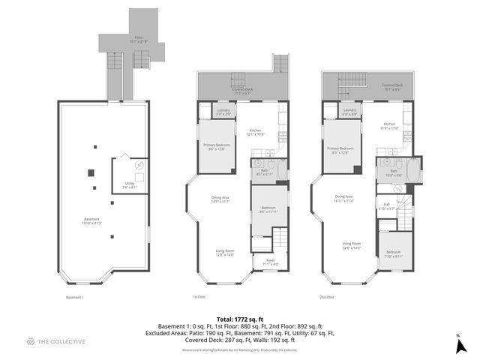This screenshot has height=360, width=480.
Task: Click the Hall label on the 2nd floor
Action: click(387, 205)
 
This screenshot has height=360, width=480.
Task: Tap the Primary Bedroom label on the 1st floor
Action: click(217, 147)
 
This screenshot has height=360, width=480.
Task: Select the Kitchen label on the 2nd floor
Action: click(389, 125)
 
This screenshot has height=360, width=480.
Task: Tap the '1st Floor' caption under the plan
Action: click(199, 297)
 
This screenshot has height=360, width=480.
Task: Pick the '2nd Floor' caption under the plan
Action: click(327, 297)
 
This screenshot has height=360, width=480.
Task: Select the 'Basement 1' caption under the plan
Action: click(75, 297)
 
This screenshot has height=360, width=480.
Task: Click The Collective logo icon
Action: click(30, 341)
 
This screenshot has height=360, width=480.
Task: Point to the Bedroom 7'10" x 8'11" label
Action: click(394, 254)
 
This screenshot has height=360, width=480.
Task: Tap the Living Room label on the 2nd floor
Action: click(352, 244)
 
